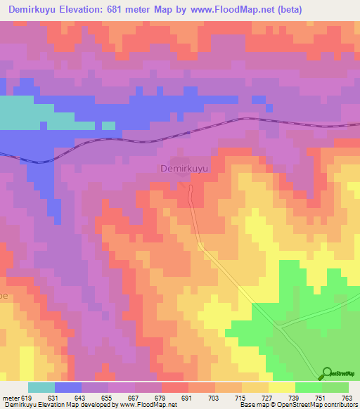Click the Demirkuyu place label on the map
[x=186, y=169]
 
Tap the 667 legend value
[x=134, y=398]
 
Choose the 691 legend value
[x=188, y=398]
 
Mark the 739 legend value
[x=295, y=398]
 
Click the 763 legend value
[x=347, y=398]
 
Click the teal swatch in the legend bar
[x=41, y=387]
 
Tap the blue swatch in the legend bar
[x=68, y=387]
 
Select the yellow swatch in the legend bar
[x=282, y=387]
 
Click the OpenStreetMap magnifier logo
[x=327, y=373]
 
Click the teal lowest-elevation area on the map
[x=28, y=112]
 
